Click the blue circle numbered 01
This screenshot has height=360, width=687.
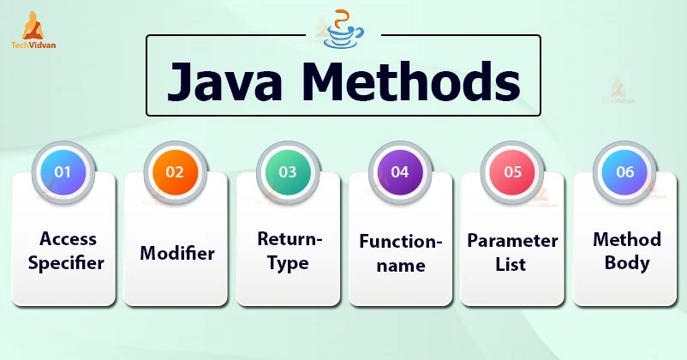(x=63, y=171)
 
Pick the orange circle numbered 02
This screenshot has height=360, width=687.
(x=175, y=171)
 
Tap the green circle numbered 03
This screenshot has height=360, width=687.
(x=288, y=171)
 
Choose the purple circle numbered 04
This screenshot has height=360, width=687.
(x=400, y=171)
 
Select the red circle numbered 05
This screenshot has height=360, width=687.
(x=512, y=171)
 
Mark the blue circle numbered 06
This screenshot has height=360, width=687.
(x=625, y=171)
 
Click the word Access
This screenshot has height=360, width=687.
(x=68, y=238)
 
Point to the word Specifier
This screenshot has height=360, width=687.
(x=65, y=263)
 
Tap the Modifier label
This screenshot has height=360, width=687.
(x=176, y=253)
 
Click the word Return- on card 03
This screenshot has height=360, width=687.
(x=289, y=240)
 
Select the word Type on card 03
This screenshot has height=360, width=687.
(x=288, y=263)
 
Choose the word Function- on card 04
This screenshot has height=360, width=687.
(x=401, y=242)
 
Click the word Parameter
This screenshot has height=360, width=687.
(x=512, y=240)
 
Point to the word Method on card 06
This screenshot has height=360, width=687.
(x=627, y=238)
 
